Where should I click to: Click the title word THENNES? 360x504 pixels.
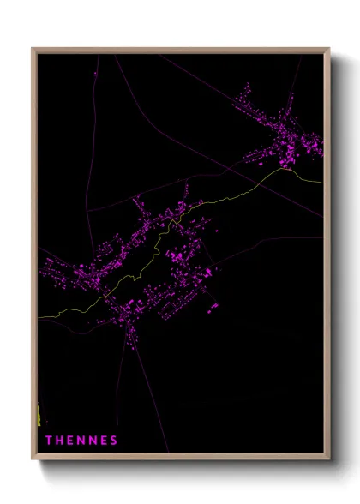coord(81,441)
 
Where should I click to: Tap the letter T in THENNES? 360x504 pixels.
coord(49,441)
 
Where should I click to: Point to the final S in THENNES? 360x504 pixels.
coord(114,441)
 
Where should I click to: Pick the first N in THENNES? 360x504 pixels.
coord(81,441)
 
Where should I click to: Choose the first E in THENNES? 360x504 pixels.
coord(70,441)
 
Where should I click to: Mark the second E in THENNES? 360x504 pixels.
coord(104,441)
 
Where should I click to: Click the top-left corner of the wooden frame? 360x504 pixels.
coord(33,49)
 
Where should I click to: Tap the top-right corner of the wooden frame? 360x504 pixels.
coord(329,49)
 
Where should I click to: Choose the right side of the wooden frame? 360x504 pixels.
coord(327,257)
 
